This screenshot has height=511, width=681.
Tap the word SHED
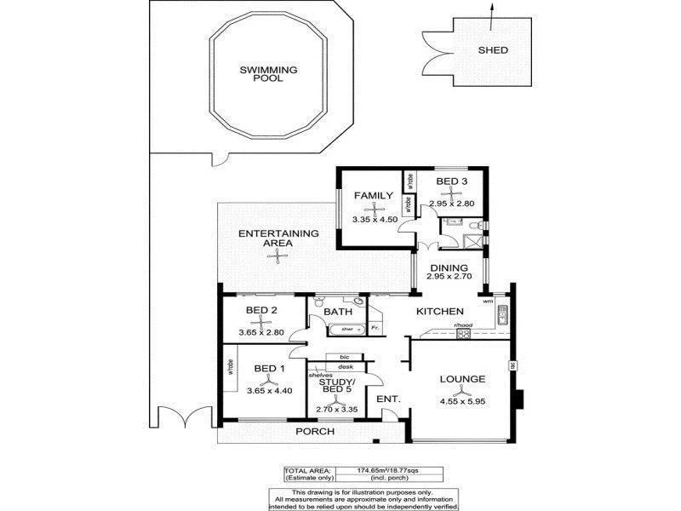click(x=493, y=50)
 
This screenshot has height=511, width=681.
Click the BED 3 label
click(x=451, y=181)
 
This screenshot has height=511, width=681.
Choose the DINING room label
click(x=455, y=267)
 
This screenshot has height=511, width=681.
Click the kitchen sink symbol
click(x=502, y=316)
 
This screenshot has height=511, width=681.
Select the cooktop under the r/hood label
click(x=464, y=334)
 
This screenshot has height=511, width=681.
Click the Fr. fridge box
click(x=375, y=327)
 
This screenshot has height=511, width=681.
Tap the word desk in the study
click(x=346, y=366)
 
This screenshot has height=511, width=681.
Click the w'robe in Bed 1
click(x=230, y=367)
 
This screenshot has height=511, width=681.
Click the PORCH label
click(x=315, y=432)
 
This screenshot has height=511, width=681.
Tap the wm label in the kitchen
click(x=488, y=301)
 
